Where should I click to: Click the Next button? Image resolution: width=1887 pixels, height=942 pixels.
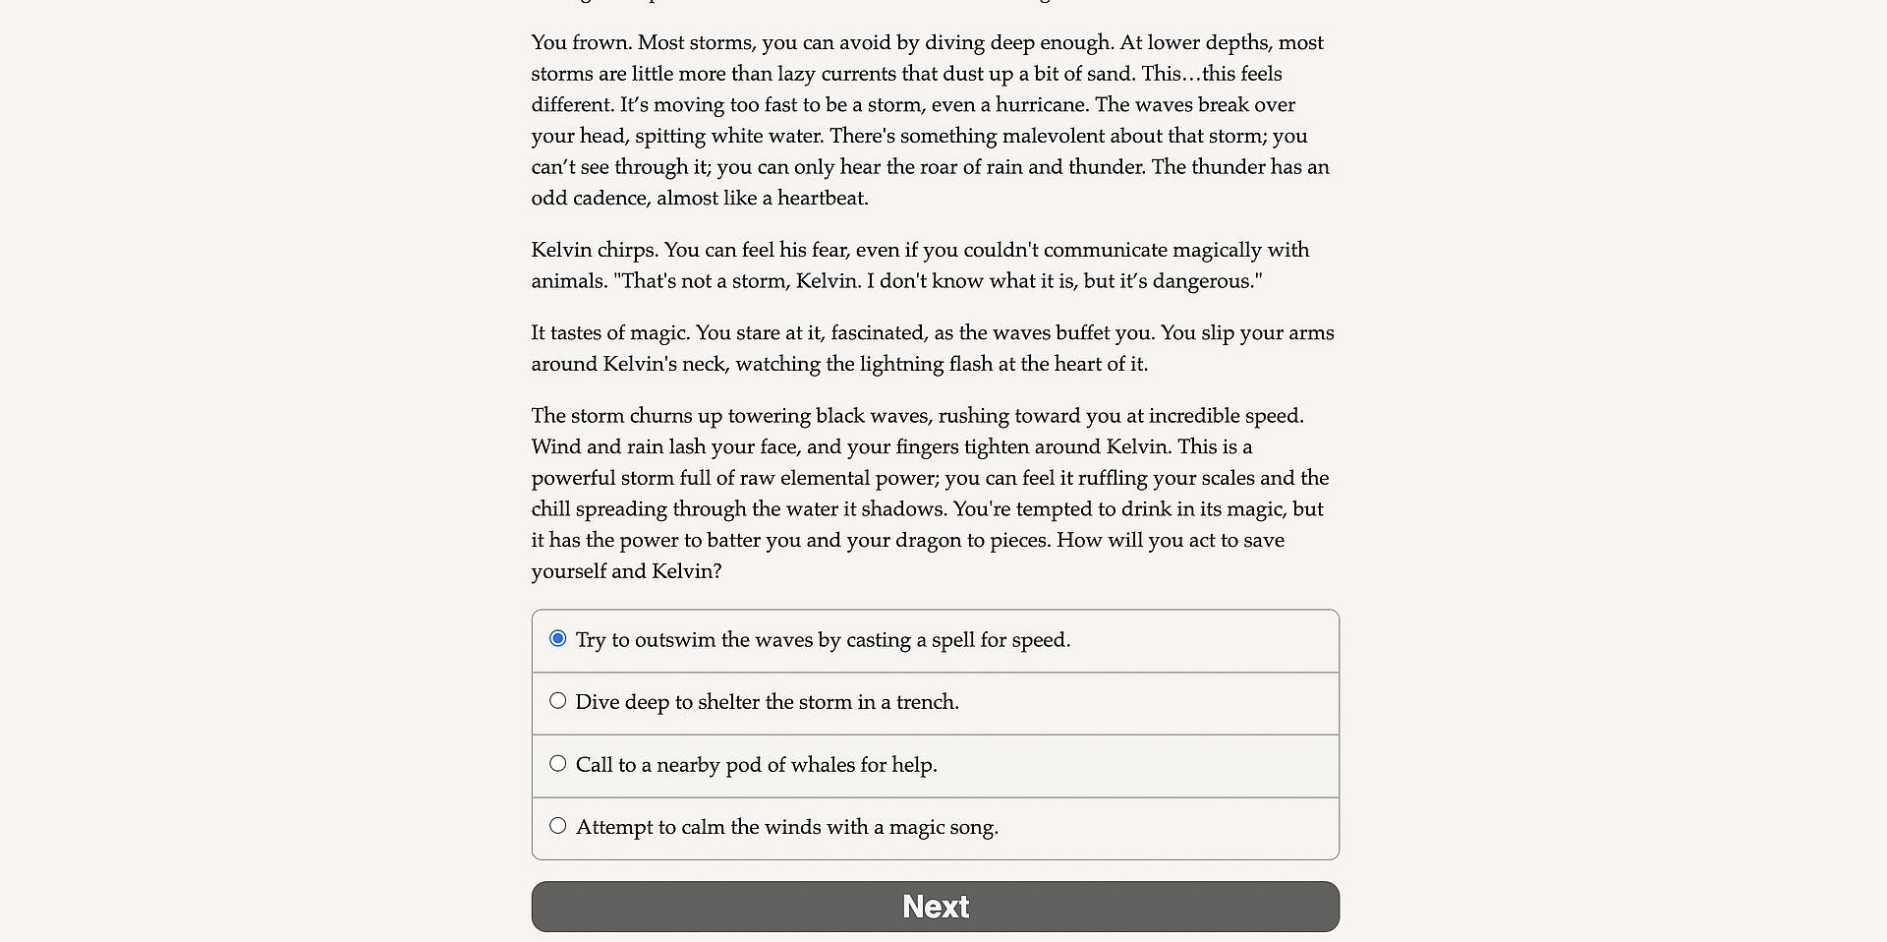935,906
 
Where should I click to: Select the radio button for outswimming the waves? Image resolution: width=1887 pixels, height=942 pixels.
558,639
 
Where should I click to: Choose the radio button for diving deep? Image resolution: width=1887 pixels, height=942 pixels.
558,701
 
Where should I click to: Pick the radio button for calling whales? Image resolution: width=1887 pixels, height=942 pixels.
558,764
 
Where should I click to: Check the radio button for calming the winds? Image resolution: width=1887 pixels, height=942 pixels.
558,826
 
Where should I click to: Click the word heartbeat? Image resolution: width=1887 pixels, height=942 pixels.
822,199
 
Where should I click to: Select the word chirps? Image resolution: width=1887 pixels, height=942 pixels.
624,251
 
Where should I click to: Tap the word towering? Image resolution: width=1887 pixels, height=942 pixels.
768,416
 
